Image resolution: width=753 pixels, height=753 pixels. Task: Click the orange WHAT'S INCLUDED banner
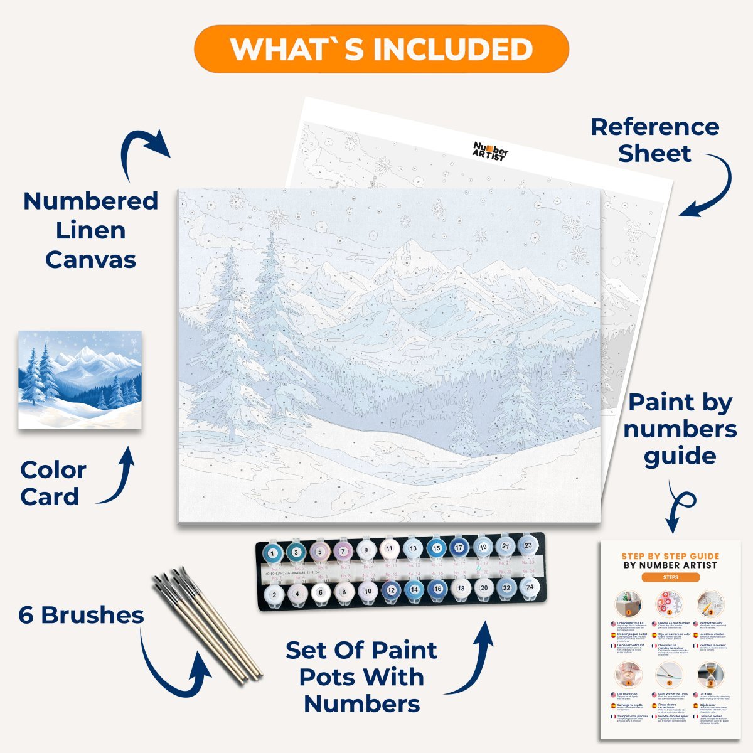(381, 49)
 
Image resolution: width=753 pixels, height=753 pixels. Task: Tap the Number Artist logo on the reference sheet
(490, 151)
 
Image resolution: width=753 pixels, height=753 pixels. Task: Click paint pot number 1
(273, 552)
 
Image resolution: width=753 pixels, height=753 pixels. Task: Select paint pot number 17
(459, 548)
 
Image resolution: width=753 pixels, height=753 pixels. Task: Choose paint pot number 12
(391, 589)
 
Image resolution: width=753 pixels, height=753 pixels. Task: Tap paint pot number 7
(343, 551)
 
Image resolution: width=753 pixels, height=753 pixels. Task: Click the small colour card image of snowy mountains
(80, 380)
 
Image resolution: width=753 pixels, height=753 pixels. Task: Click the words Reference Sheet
(654, 139)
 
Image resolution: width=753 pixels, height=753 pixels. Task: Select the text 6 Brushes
(81, 615)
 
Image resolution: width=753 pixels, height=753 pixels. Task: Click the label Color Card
(53, 483)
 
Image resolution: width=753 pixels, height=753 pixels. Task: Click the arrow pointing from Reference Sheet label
(709, 188)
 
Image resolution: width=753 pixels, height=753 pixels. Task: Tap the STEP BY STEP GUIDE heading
(670, 556)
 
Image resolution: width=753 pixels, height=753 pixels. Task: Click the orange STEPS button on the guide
(670, 577)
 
